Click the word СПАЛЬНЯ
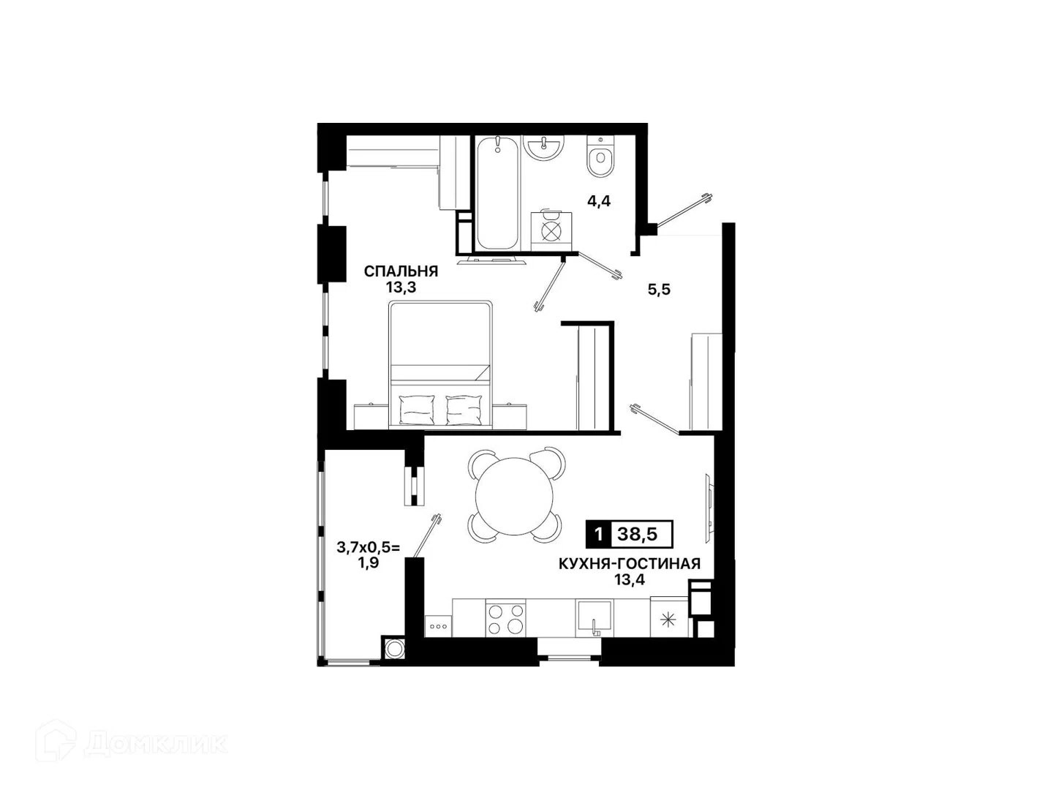[401, 271]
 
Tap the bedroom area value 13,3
[401, 287]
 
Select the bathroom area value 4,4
[599, 201]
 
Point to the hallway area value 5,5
[659, 290]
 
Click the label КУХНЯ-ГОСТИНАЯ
[629, 563]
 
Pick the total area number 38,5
[637, 534]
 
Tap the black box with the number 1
[598, 534]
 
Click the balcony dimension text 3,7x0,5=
[368, 547]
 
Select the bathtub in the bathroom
[497, 193]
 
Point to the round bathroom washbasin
[544, 147]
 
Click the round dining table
[514, 497]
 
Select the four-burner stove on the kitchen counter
[505, 619]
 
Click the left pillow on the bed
[417, 410]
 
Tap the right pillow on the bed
[464, 410]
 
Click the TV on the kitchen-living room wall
[709, 509]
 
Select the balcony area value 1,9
[368, 563]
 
